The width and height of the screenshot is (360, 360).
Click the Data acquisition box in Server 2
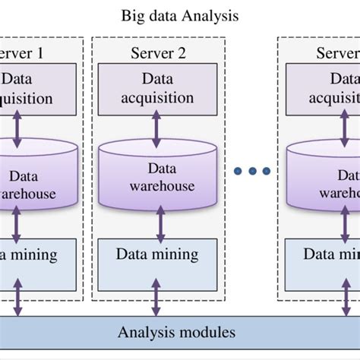(156, 87)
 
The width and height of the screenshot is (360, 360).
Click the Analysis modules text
(176, 332)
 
